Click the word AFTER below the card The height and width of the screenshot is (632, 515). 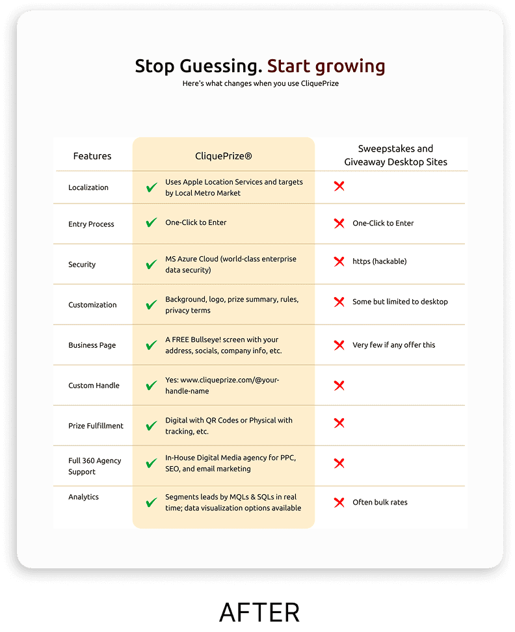pos(259,612)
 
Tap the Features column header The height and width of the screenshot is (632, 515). pos(92,156)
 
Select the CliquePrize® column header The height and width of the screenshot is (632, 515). pos(224,156)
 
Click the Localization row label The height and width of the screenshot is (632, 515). pos(88,187)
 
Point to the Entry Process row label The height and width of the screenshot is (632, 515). pos(91,224)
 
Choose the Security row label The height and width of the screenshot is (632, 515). pos(82,265)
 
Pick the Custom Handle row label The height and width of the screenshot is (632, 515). pos(94,386)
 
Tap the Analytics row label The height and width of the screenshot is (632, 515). pos(83,497)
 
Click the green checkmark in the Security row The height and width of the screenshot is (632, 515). pos(152,264)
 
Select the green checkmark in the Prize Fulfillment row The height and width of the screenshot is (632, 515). pos(152,426)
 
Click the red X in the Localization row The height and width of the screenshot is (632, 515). pos(339,187)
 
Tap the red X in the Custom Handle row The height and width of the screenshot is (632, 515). pos(339,386)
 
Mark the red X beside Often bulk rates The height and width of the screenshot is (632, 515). pos(339,502)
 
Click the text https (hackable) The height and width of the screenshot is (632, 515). pos(379,261)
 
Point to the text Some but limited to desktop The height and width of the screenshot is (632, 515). pos(400,302)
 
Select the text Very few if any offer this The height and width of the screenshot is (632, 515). pos(393,345)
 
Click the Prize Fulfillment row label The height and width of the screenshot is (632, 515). pos(96,426)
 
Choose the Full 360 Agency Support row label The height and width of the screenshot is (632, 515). pos(94,466)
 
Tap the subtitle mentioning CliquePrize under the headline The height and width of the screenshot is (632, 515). pos(260,84)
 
